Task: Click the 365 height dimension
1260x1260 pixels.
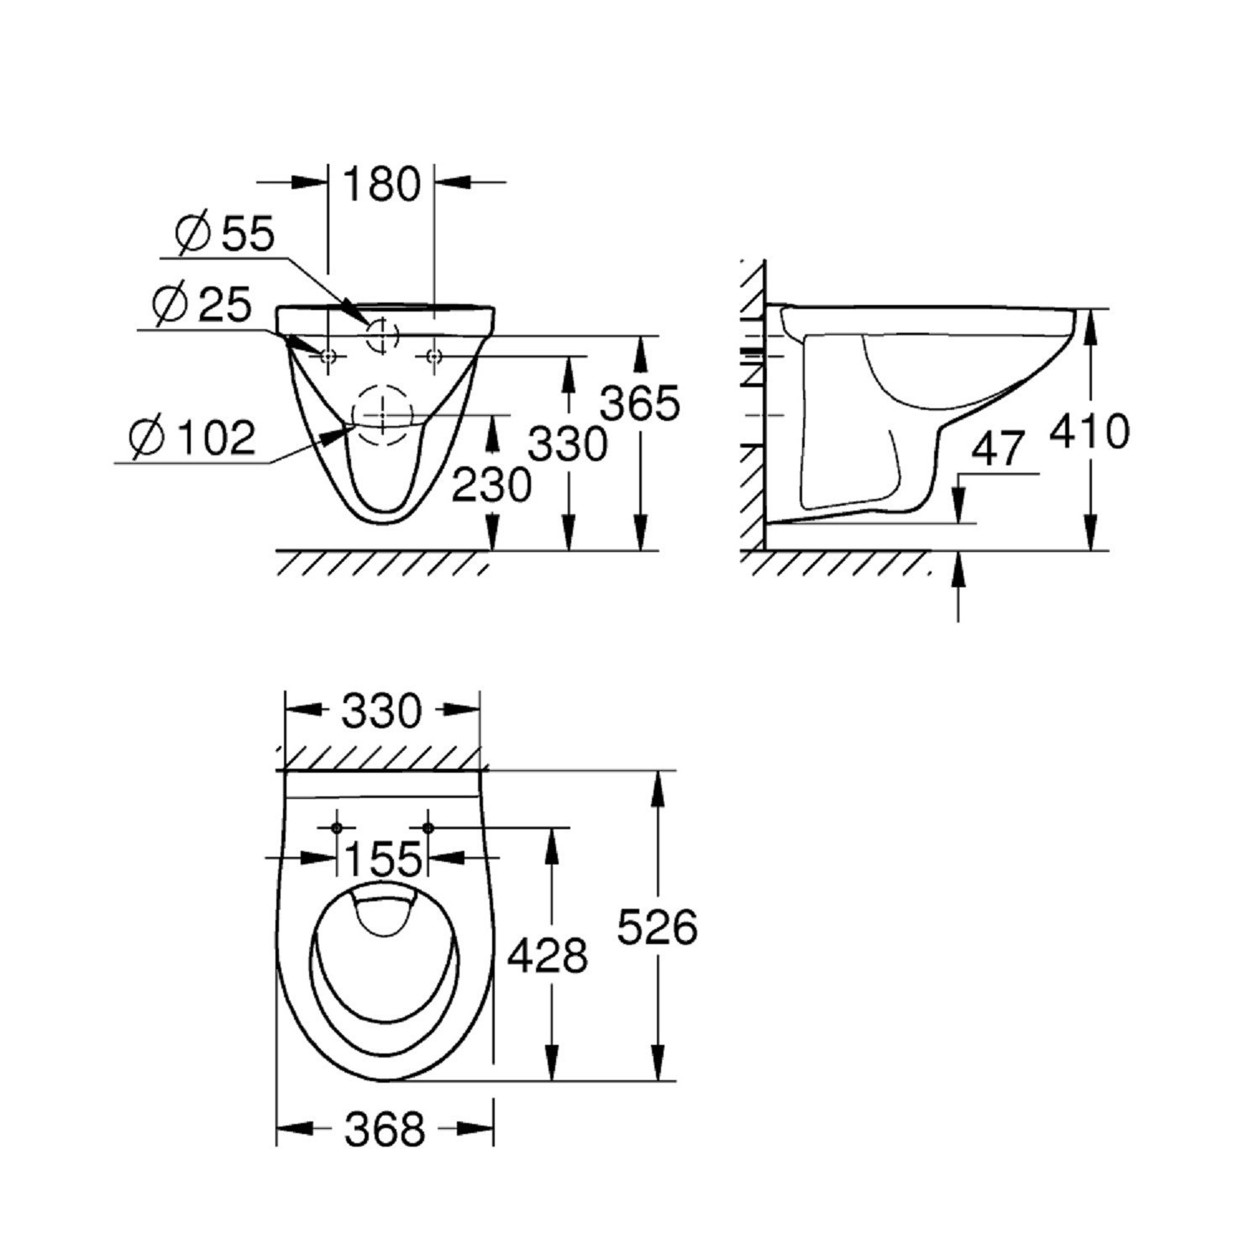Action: (640, 404)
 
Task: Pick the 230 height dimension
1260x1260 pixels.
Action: (491, 485)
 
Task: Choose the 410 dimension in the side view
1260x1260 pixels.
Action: (1090, 432)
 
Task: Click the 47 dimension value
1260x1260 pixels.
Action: (999, 449)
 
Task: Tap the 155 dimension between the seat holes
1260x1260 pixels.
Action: (383, 858)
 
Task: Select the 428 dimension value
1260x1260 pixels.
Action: (549, 955)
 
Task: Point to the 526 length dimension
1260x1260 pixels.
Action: (658, 927)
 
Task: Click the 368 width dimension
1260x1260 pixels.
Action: (386, 1130)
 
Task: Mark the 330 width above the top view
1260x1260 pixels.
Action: (382, 712)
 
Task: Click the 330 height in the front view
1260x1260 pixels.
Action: (568, 444)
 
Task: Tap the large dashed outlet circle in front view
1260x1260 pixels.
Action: (384, 415)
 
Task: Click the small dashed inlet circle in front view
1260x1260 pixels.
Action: (381, 334)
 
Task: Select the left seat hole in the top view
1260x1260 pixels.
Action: (337, 828)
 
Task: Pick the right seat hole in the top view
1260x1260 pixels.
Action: (428, 828)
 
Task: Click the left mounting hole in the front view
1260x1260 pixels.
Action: (328, 357)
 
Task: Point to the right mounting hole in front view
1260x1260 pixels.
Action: (434, 357)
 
